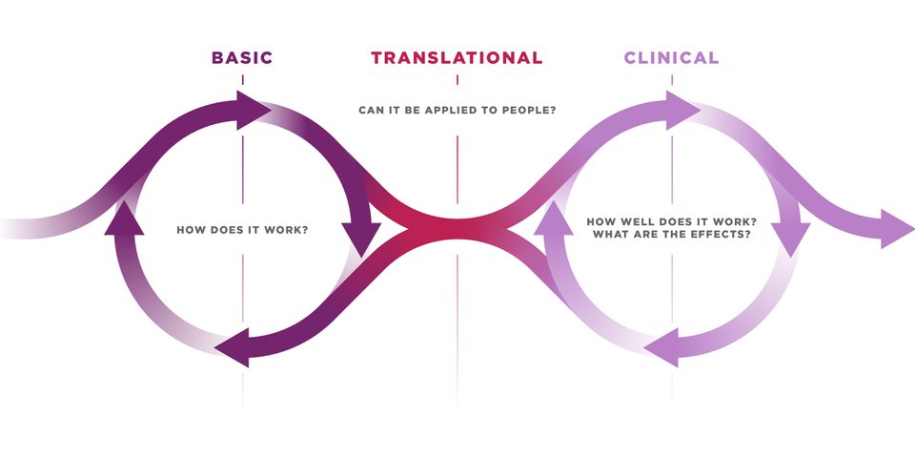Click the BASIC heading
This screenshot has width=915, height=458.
click(x=242, y=58)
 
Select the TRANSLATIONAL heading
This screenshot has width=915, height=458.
click(x=457, y=58)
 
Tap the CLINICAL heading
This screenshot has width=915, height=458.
click(x=671, y=58)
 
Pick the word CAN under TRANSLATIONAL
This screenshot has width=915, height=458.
click(x=372, y=110)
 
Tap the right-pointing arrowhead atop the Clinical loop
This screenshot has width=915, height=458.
click(x=681, y=110)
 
